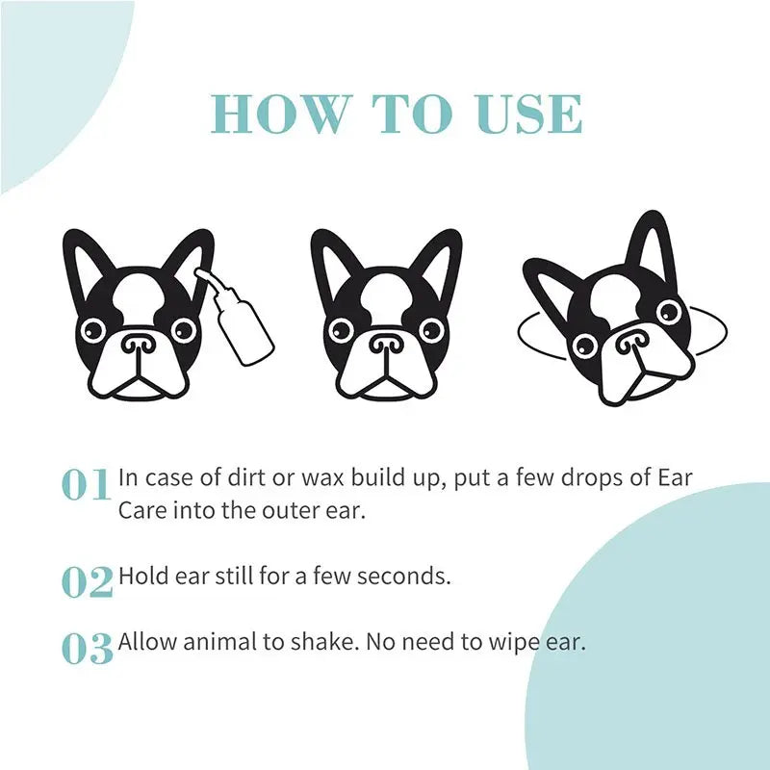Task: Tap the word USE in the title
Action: coord(529,115)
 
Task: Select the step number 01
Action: coord(87,485)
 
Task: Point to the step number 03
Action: coord(87,648)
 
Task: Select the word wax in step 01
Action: coord(299,478)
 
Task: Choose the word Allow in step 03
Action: coord(145,642)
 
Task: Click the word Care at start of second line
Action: coord(142,510)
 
